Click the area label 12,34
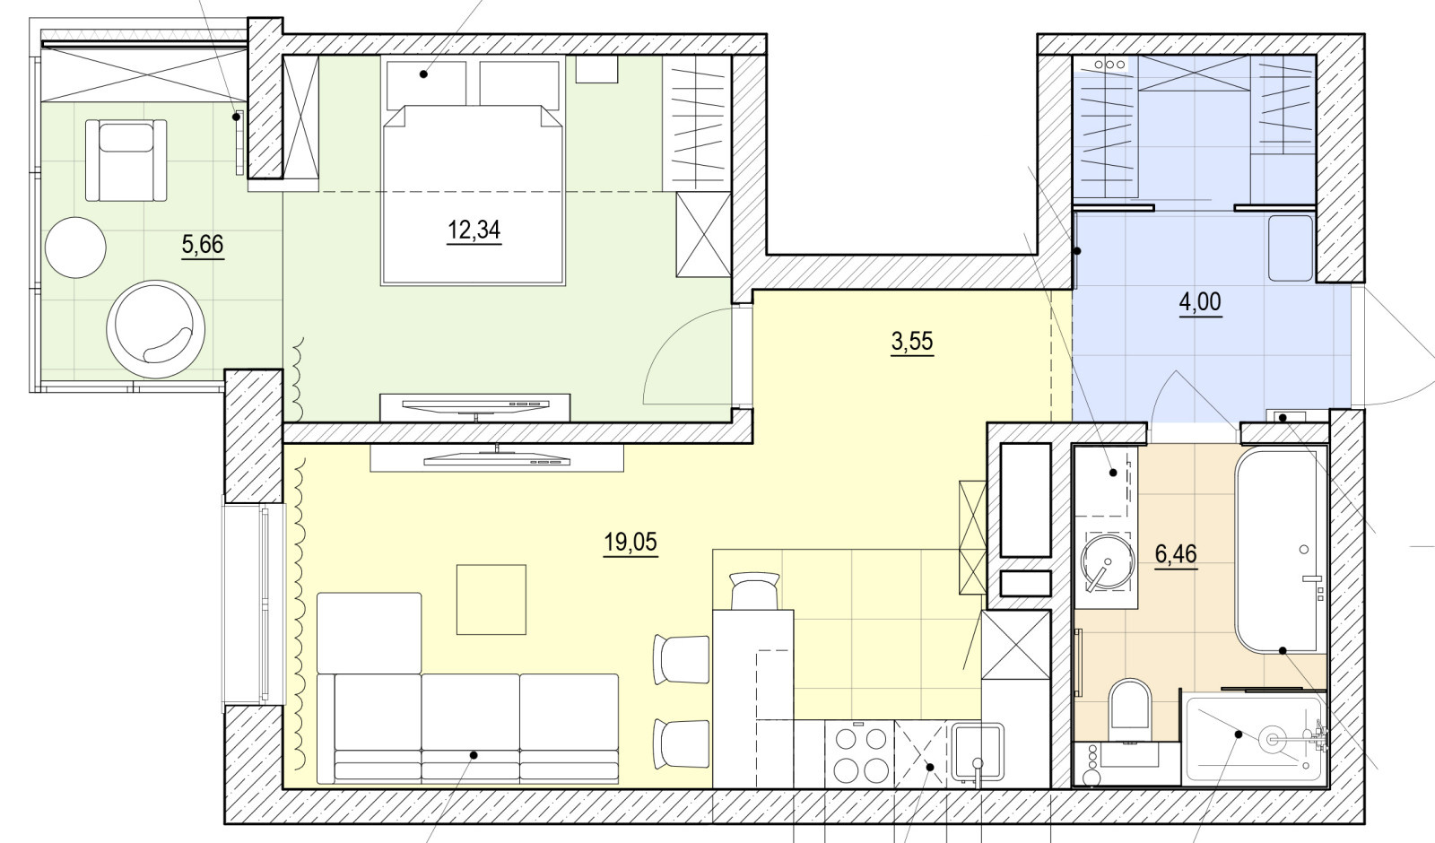coord(474,230)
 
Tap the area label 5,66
coord(203,244)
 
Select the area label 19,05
coord(631,543)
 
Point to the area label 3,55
coord(911,342)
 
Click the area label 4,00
coord(1200,301)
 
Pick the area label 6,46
coord(1176,553)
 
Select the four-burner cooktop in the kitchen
coord(859,754)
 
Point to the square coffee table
coord(491,600)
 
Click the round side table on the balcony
coord(75,248)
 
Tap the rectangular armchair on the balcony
coord(126,161)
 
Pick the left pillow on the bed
coord(426,82)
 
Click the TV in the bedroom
coord(475,407)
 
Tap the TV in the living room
coord(497,458)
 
